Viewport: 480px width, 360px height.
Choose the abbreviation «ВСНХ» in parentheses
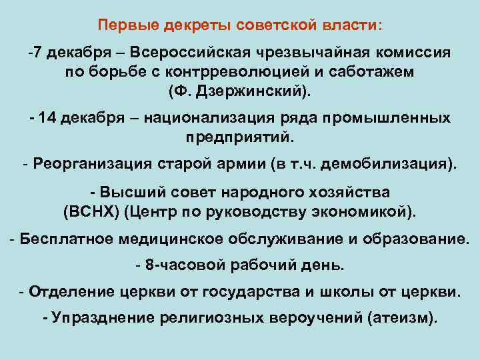click(85, 211)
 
